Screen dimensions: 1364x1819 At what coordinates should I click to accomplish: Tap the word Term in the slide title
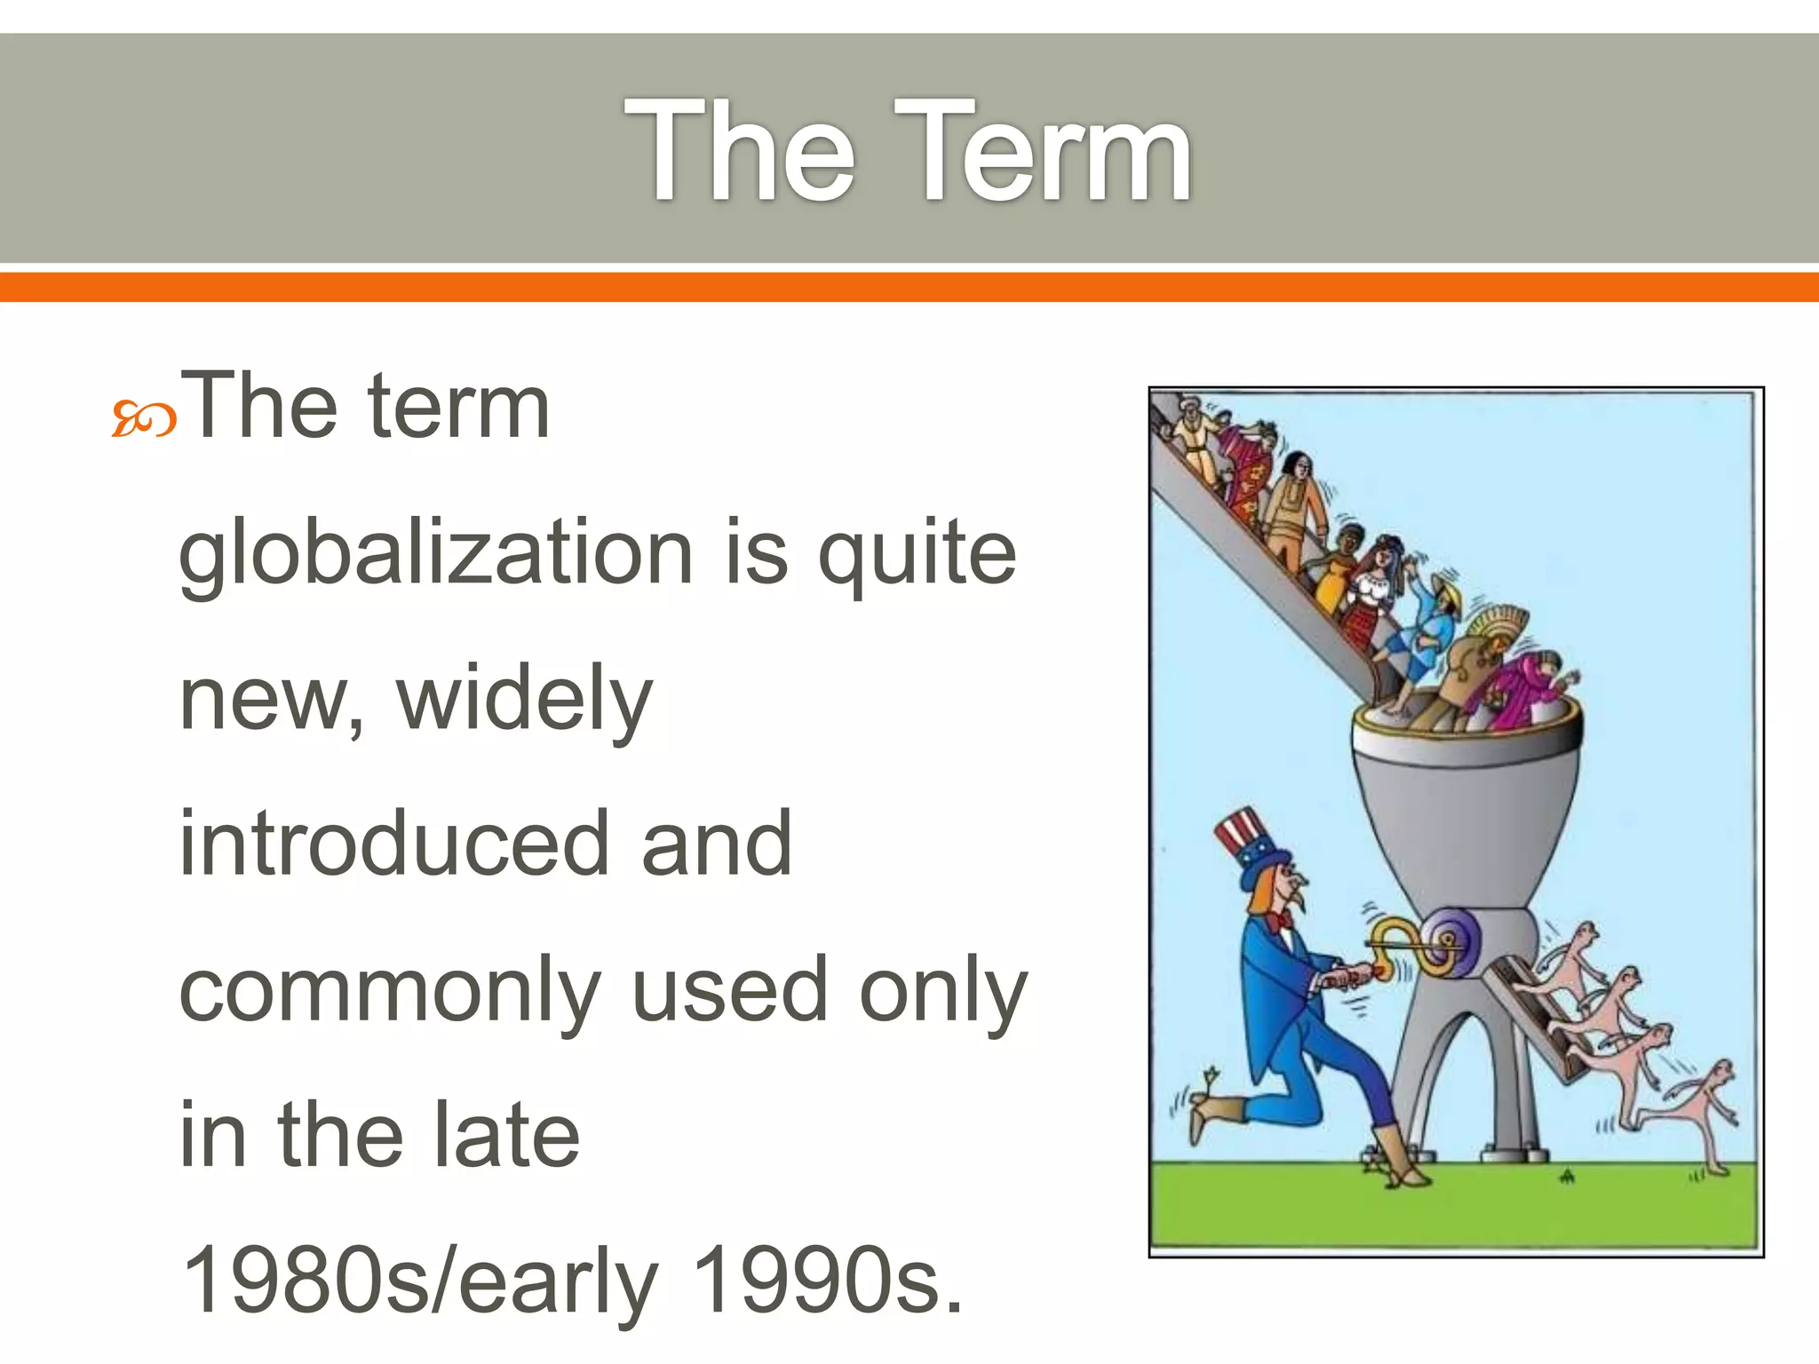tap(1044, 153)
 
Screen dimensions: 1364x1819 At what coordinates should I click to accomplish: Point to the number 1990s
tap(826, 1281)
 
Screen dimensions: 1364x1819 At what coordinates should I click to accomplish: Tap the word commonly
tap(391, 993)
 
